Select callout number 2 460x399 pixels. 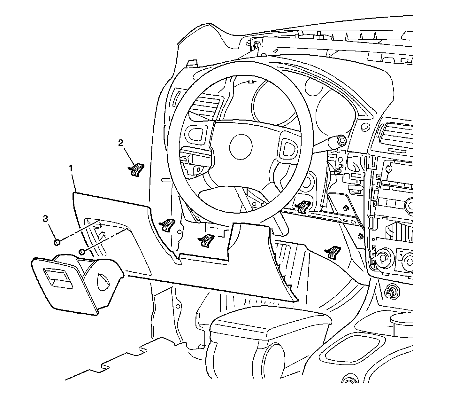121,143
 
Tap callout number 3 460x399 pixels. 46,219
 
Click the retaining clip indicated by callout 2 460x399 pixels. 137,169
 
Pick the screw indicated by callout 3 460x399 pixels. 57,243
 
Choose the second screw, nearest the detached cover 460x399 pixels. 82,252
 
